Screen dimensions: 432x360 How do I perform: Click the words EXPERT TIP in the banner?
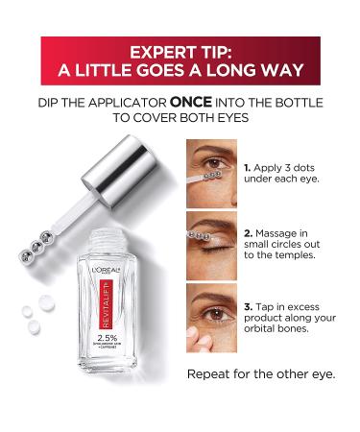(180, 50)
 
